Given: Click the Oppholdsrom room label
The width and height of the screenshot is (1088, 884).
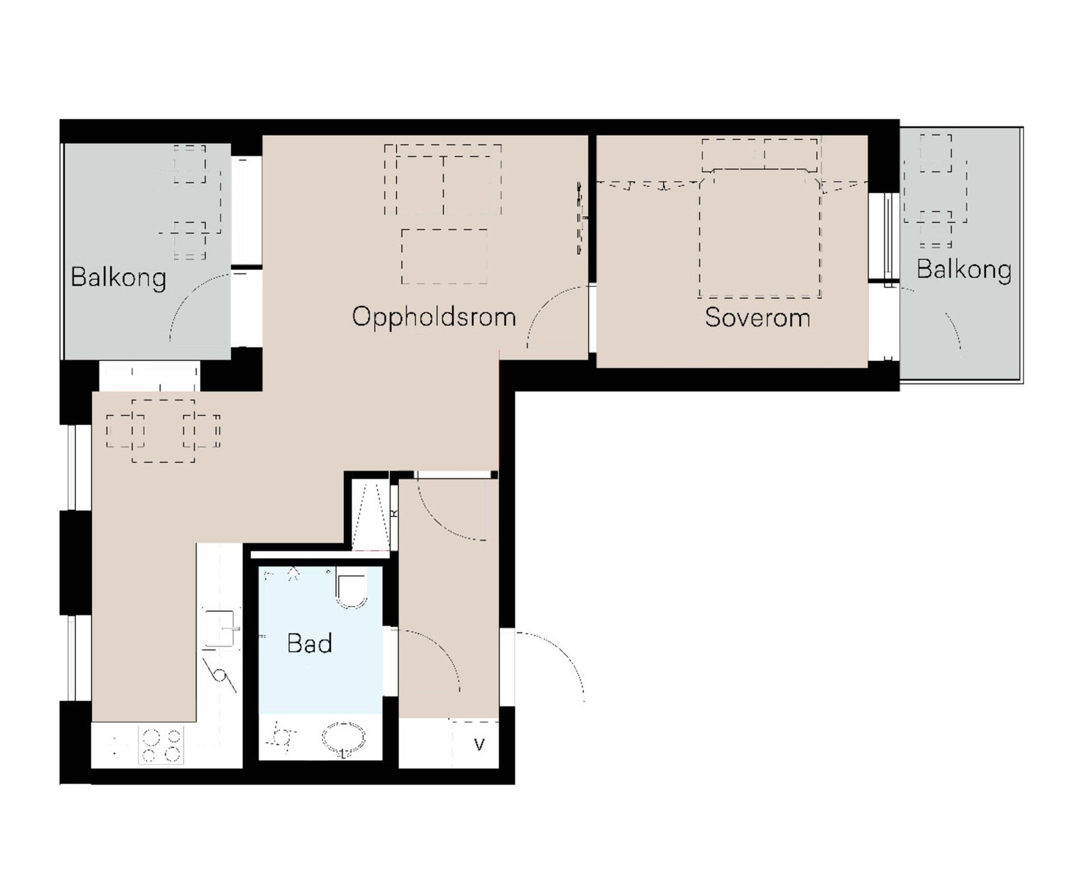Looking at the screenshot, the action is (x=434, y=317).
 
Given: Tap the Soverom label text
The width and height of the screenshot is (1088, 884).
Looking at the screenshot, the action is (x=757, y=317).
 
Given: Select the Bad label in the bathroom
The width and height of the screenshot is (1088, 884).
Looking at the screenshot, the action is (x=309, y=643).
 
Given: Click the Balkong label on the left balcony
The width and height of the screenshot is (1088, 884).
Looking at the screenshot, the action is (x=118, y=278).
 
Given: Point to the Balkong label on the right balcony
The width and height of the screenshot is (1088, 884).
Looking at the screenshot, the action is (x=964, y=270).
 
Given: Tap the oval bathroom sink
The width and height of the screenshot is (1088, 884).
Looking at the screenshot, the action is (x=344, y=739).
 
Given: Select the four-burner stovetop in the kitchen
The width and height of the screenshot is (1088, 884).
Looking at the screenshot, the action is (x=161, y=745).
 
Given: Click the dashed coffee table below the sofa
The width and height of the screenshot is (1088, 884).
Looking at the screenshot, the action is (x=444, y=256).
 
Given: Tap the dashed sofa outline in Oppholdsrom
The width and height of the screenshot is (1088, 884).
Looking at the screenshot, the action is (x=443, y=180).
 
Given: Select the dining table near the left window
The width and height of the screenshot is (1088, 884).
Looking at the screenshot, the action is (x=163, y=431).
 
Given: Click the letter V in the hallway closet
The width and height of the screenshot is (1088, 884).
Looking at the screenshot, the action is (x=479, y=744).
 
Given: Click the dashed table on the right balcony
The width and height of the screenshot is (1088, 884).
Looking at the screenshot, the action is (x=935, y=191).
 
